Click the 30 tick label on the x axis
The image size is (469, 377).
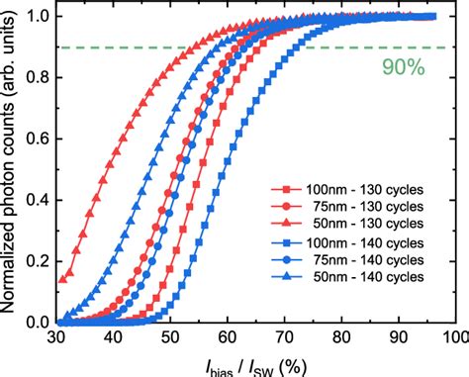click(x=57, y=338)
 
